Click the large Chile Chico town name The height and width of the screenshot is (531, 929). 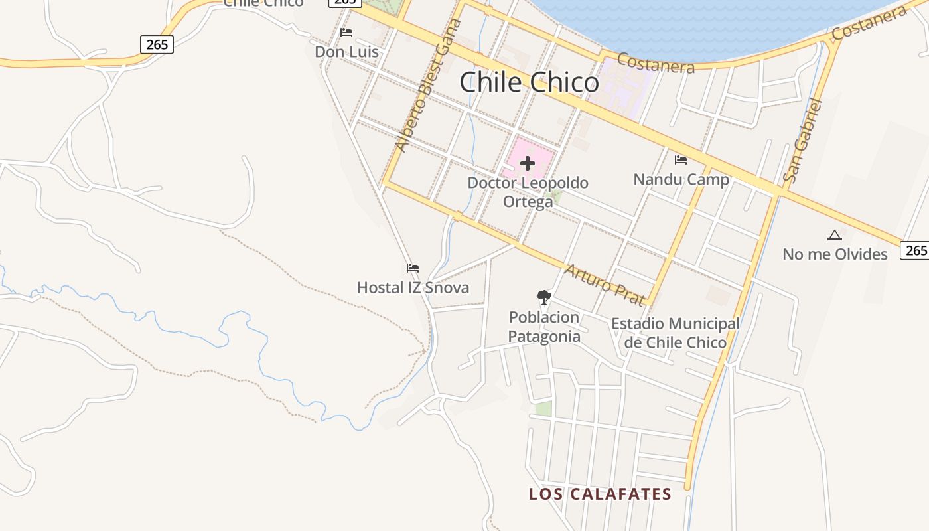point(529,82)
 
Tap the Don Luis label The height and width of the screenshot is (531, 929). point(346,52)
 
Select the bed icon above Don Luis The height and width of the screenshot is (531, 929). point(346,32)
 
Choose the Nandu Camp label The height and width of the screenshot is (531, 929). point(681,179)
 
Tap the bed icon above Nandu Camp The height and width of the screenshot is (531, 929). point(680,159)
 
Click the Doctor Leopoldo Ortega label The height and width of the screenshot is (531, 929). point(528,191)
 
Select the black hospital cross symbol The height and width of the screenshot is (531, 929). point(528,163)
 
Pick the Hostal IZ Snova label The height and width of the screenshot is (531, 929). point(413,287)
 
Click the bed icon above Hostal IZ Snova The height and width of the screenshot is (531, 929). point(413,268)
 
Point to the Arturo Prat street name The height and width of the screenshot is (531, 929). point(604,285)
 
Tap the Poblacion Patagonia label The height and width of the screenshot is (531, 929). point(544,327)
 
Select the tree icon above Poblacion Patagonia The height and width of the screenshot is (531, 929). point(544,297)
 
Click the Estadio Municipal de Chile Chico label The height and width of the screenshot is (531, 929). point(675,333)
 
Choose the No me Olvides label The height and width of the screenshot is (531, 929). point(835,254)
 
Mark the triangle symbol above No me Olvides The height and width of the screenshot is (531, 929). point(835,235)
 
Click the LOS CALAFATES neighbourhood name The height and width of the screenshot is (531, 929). point(600,494)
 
